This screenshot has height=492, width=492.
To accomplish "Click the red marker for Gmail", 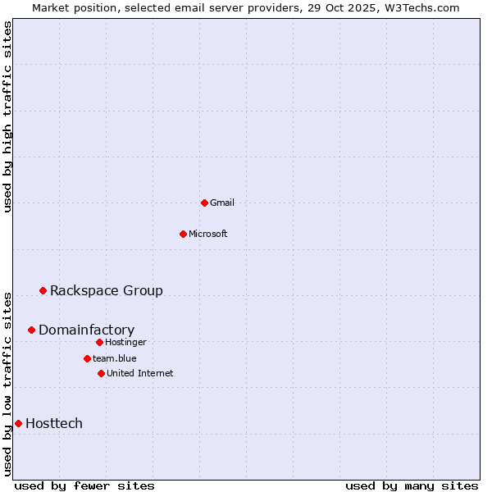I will click(x=204, y=203).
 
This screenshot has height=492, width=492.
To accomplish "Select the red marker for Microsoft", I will click(x=183, y=234).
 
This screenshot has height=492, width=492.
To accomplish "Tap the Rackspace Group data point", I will click(x=43, y=290).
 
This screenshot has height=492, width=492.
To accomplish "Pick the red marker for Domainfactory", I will click(x=31, y=330).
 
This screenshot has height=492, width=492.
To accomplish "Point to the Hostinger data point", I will click(x=99, y=342).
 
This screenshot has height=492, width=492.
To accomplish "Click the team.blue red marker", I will click(x=87, y=358).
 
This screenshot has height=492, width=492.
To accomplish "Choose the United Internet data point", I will click(x=101, y=373).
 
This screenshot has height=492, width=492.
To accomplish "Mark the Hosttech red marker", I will click(x=18, y=423).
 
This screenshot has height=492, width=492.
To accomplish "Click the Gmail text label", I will click(x=222, y=203).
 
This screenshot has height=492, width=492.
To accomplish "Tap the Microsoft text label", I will click(x=208, y=234).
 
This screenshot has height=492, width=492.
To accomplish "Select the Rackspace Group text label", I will click(x=107, y=290).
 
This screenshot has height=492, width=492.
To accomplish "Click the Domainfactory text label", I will click(x=86, y=330).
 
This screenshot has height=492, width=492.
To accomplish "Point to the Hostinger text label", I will click(x=125, y=342).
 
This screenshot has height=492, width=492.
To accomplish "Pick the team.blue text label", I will click(x=115, y=358).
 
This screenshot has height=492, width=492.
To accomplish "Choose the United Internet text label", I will click(x=140, y=373).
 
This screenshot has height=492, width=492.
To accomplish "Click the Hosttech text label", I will click(x=54, y=423).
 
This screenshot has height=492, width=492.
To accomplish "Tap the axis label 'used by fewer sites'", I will click(x=84, y=485).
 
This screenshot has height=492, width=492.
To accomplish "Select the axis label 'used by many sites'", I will click(x=412, y=485).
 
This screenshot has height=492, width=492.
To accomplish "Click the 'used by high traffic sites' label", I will click(x=7, y=116).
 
